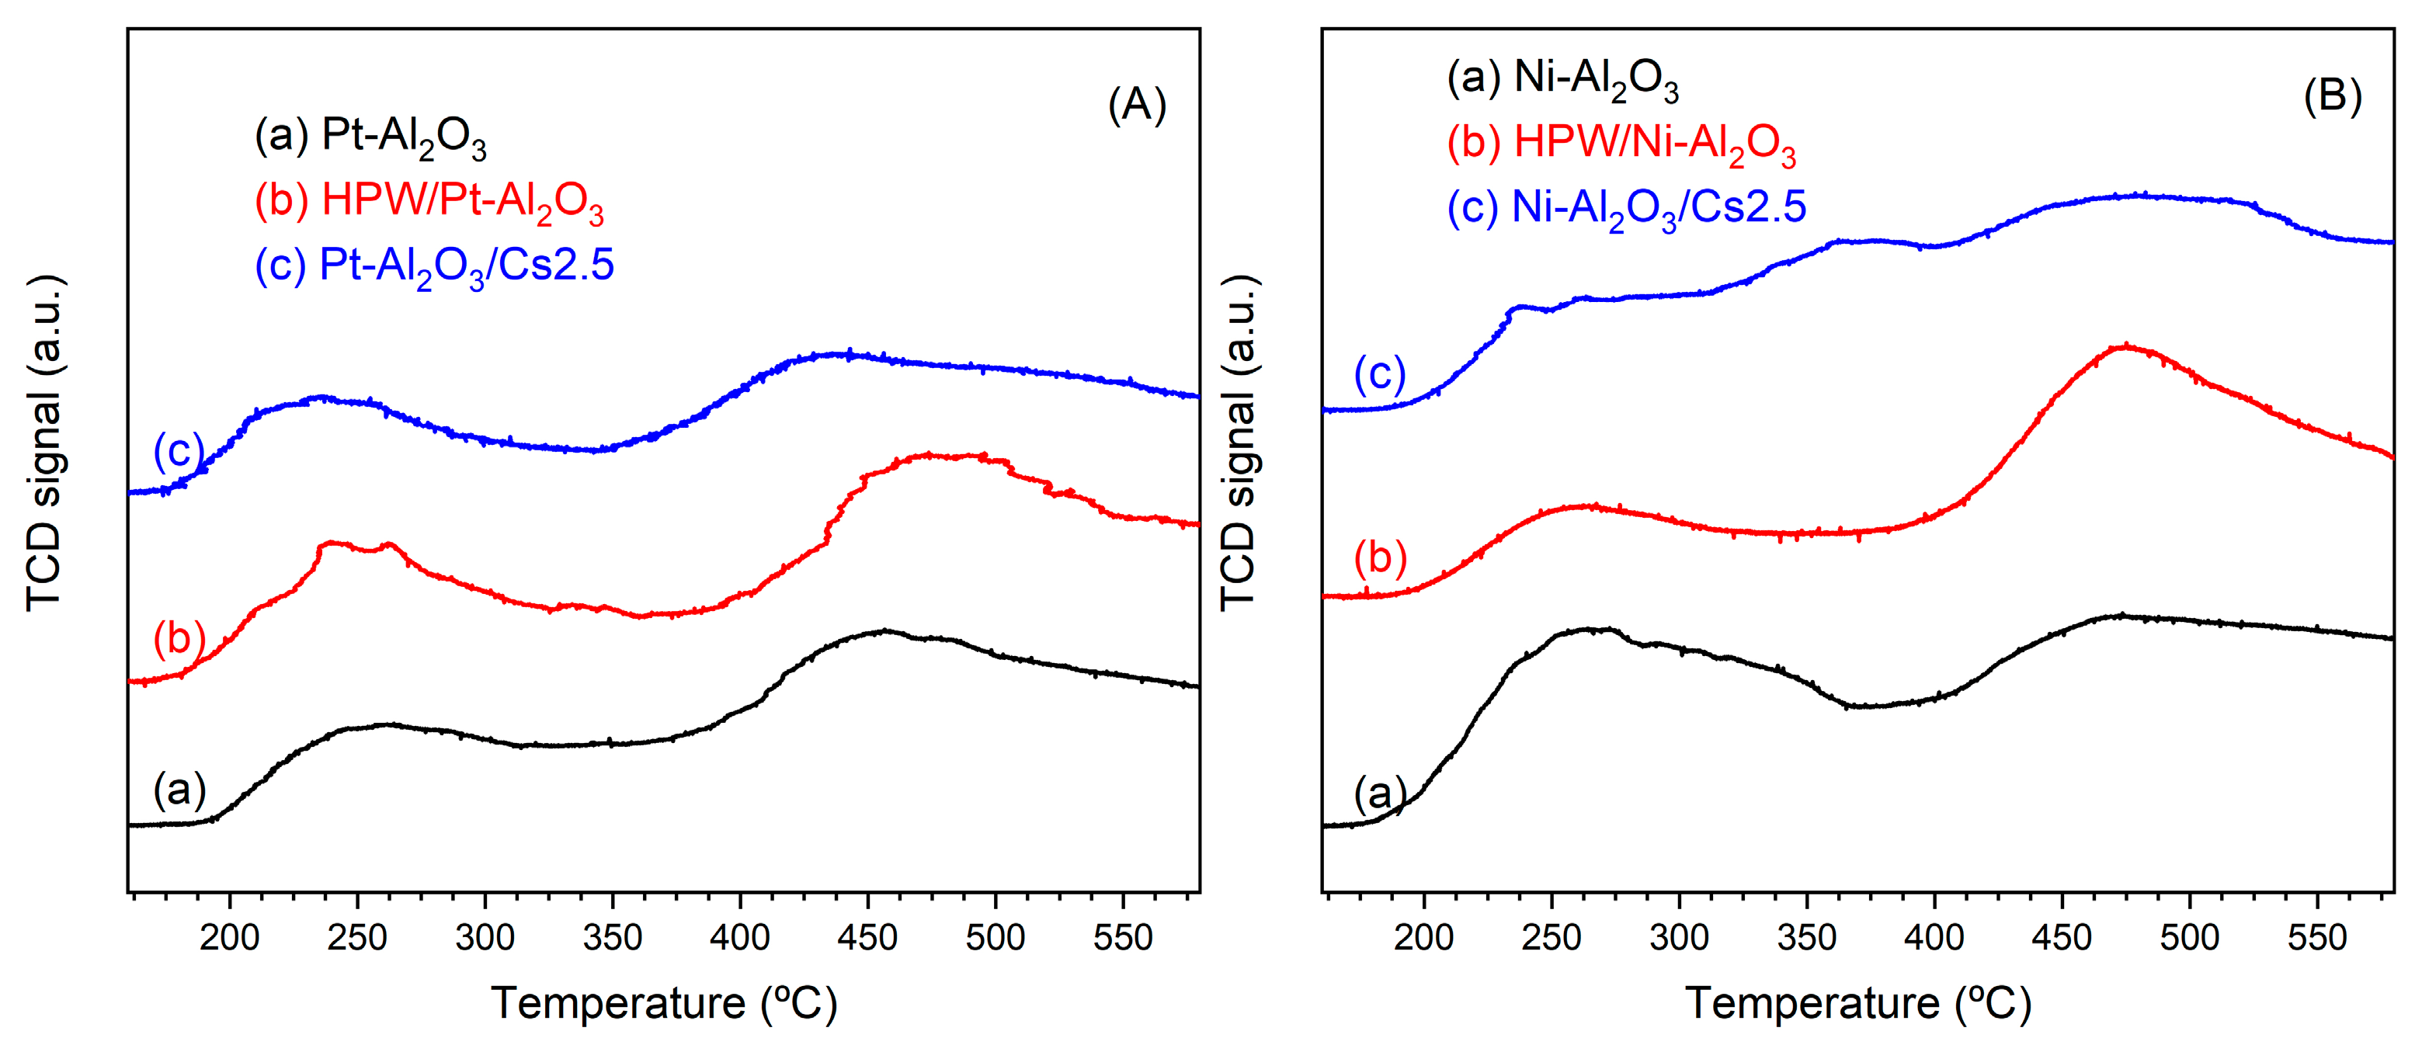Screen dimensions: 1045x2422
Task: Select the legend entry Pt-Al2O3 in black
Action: (370, 137)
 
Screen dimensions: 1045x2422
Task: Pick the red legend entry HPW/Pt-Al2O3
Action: (429, 202)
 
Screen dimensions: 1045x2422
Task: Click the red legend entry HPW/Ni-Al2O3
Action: (1621, 144)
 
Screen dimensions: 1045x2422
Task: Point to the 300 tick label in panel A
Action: (485, 937)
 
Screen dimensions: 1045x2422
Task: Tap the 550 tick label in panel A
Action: (1123, 937)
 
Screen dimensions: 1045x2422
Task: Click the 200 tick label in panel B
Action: (1423, 937)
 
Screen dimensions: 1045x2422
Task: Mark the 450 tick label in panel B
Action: (2062, 937)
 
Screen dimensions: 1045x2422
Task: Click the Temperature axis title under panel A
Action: (664, 1003)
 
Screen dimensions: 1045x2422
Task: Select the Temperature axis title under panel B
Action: (1858, 1003)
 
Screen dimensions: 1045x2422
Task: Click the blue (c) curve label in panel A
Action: (179, 450)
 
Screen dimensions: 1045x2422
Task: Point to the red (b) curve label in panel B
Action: (1379, 557)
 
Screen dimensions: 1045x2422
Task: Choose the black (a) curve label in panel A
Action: (179, 790)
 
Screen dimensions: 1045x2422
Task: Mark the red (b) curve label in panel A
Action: (179, 638)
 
